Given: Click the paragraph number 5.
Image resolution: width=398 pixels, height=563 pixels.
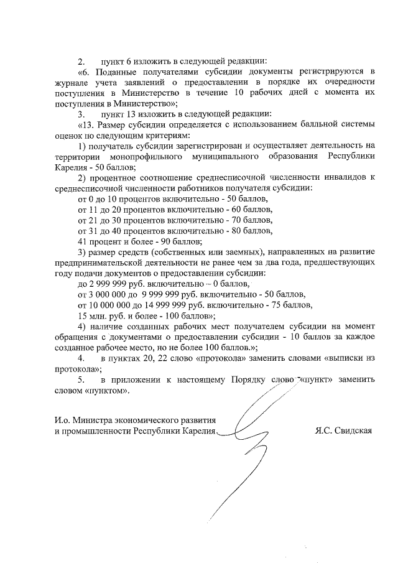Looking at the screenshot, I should click(81, 379).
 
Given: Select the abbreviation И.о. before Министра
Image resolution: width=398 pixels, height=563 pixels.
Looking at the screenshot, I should click(63, 420).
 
